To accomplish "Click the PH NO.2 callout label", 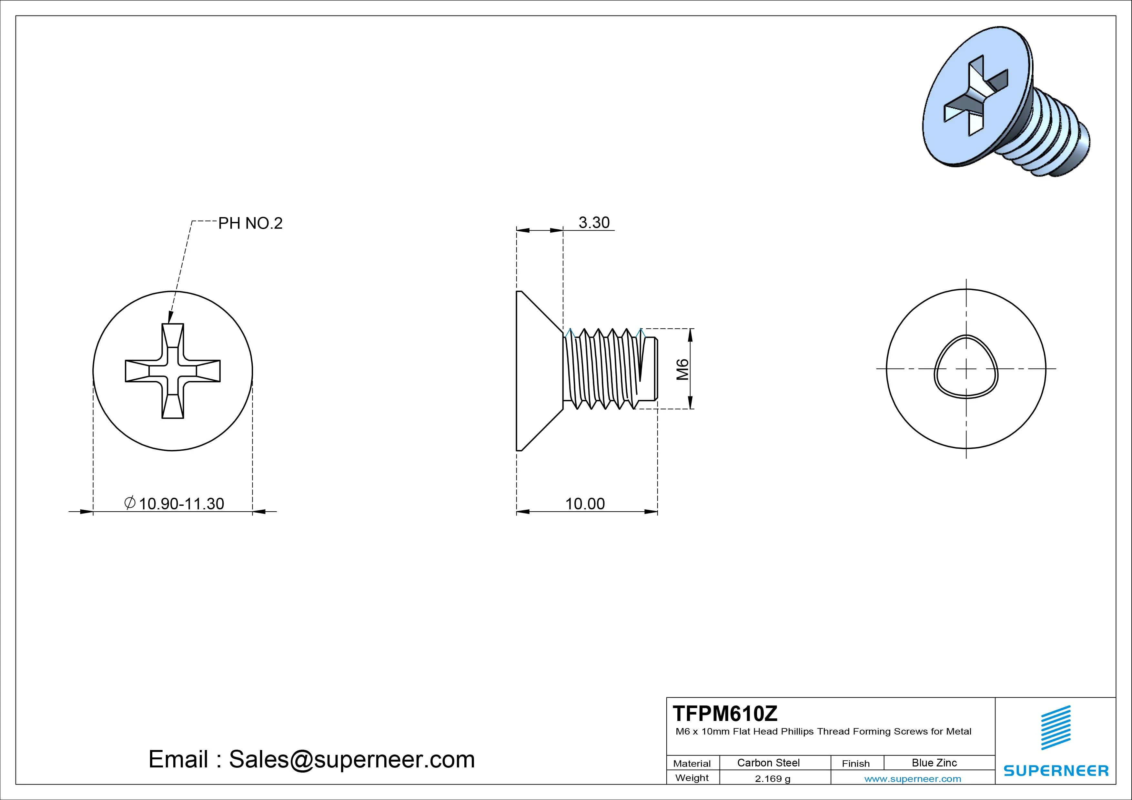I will tap(250, 223).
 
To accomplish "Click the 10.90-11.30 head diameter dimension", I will tap(181, 504).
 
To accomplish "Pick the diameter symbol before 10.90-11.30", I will tap(130, 503).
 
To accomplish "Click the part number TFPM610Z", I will tap(725, 713).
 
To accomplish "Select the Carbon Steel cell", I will tap(768, 763).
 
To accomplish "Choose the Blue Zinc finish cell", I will tap(934, 763).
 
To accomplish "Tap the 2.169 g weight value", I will tap(772, 779).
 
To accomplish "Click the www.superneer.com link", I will tap(913, 779).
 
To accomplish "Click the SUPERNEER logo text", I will tap(1056, 770).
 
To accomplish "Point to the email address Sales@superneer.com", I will tap(351, 759).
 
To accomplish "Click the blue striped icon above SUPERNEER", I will tap(1056, 727).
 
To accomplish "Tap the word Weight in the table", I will tap(692, 778).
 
